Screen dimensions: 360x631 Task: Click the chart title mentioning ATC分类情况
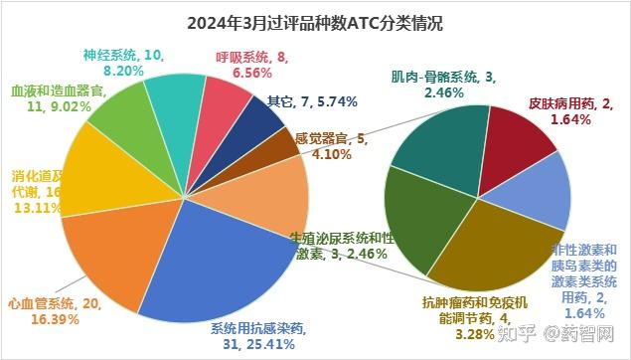pyautogui.click(x=315, y=22)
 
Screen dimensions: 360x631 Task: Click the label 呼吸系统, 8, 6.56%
pyautogui.click(x=252, y=65)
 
